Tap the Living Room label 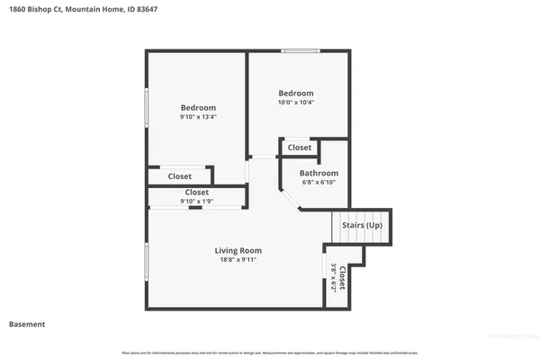pyautogui.click(x=238, y=250)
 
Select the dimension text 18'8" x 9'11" pyautogui.click(x=238, y=260)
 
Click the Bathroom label pyautogui.click(x=319, y=173)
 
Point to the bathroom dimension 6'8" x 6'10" pyautogui.click(x=319, y=183)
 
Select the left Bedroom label pyautogui.click(x=198, y=108)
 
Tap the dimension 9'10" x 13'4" pyautogui.click(x=198, y=117)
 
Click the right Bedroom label pyautogui.click(x=295, y=94)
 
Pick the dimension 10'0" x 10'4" pyautogui.click(x=295, y=103)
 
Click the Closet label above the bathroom pyautogui.click(x=300, y=148)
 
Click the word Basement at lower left pyautogui.click(x=27, y=324)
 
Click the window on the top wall pyautogui.click(x=300, y=50)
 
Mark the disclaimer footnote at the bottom pyautogui.click(x=270, y=352)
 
